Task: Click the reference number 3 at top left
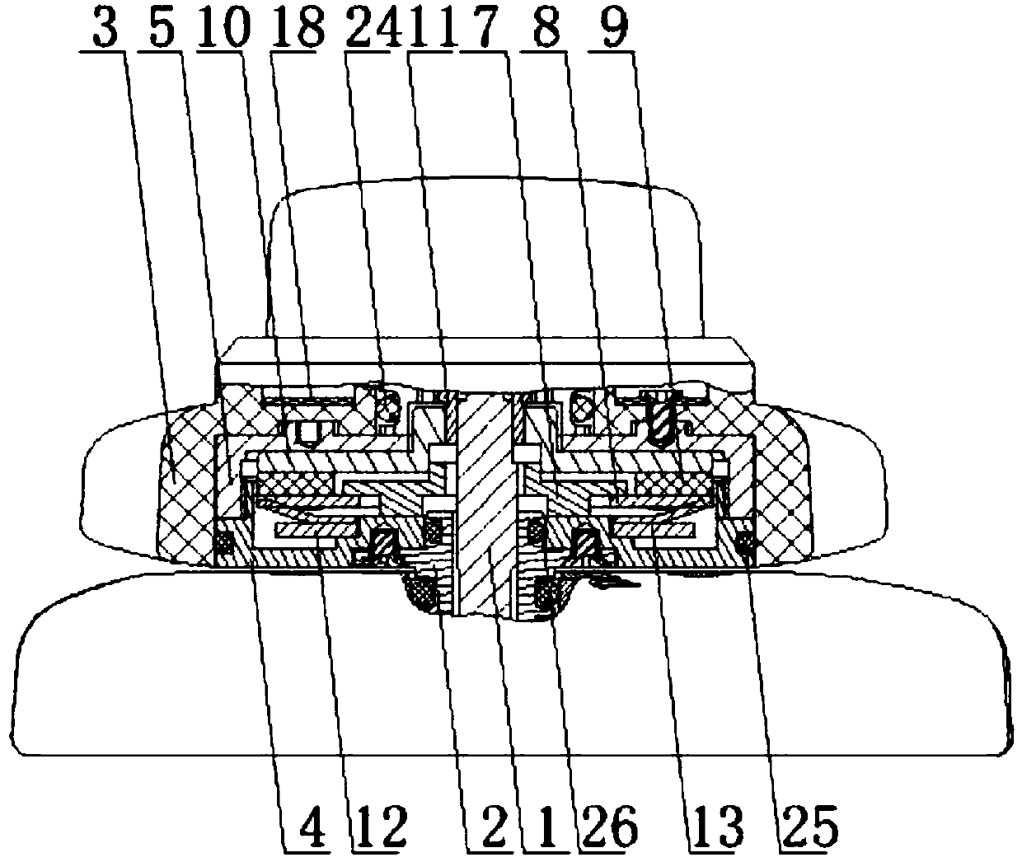(x=105, y=27)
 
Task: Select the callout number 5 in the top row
(x=163, y=27)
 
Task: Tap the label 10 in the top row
(x=225, y=27)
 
